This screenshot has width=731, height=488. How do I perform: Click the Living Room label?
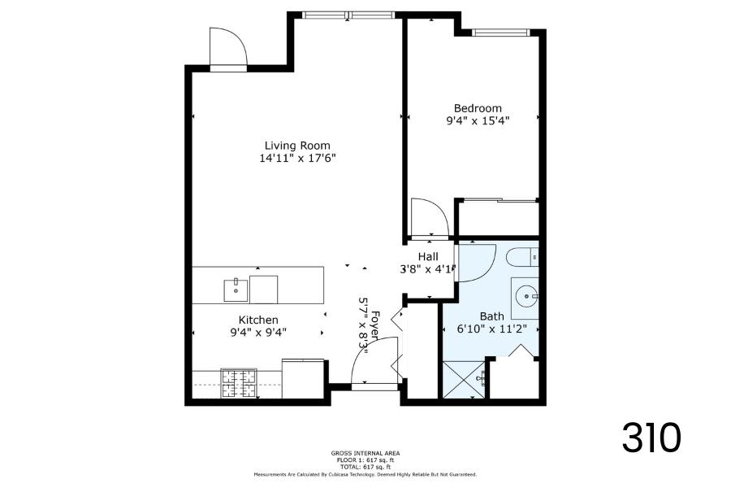click(297, 146)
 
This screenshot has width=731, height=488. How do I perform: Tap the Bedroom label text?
click(478, 108)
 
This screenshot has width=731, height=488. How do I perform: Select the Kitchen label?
click(258, 320)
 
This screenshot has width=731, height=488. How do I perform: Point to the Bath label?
click(492, 316)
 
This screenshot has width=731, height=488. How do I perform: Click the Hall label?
click(428, 256)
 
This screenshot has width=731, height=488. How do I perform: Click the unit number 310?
click(651, 438)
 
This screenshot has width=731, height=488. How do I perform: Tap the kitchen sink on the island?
click(236, 290)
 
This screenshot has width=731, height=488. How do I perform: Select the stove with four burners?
click(239, 383)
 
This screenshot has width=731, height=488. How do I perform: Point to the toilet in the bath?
click(522, 256)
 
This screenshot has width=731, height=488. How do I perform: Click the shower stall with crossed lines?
click(465, 380)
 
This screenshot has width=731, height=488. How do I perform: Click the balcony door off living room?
click(228, 46)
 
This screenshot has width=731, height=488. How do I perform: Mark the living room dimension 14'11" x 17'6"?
click(298, 158)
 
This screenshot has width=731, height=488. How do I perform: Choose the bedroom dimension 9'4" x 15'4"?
click(478, 120)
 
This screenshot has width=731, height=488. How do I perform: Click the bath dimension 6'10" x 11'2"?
click(492, 329)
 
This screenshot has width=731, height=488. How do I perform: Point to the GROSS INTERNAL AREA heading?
click(365, 453)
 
